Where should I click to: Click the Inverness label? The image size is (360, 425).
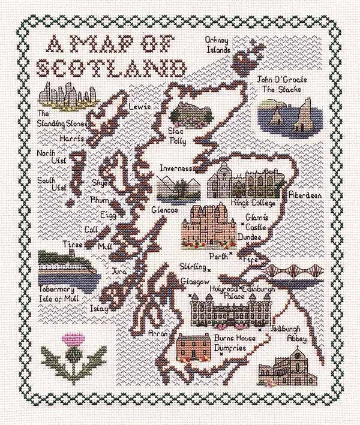(176, 168)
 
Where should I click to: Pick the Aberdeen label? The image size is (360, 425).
(305, 196)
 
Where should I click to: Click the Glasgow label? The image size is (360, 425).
(194, 282)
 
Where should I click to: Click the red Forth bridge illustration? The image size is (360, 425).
(304, 273)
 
